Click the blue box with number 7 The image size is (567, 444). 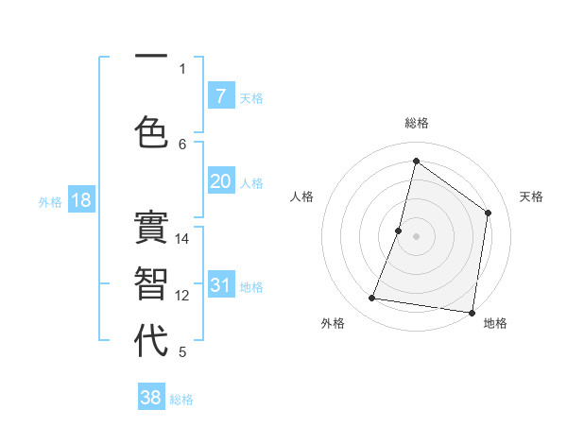coord(220,96)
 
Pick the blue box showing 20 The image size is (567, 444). coord(220,181)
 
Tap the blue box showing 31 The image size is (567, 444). coord(220,285)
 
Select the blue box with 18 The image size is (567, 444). coord(80,200)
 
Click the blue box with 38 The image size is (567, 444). coord(151,398)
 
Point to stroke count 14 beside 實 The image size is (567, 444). coord(182,239)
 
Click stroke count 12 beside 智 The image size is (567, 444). coord(182,296)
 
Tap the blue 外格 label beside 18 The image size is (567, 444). coord(50,201)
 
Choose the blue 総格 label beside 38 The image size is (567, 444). coord(181,400)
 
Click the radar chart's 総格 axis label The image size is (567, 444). coord(417,123)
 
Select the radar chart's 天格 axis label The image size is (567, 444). coord(531,196)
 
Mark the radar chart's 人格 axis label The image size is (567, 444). coord(302,196)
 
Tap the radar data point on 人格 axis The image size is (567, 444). coord(399,231)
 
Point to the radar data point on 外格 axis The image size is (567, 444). coord(372,299)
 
